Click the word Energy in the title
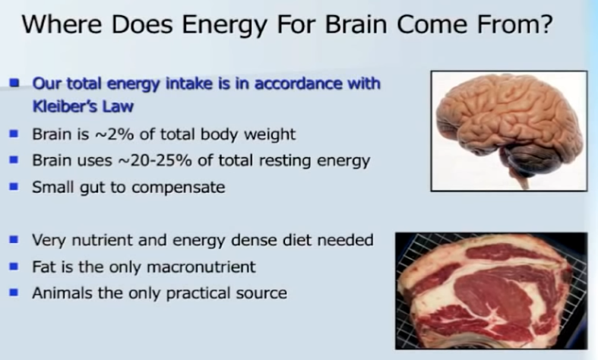(225, 26)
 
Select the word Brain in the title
(356, 24)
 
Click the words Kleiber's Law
(83, 106)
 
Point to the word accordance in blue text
(297, 84)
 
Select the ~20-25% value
(155, 160)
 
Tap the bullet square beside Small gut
(14, 187)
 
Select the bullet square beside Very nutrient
(14, 239)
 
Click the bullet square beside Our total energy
(14, 83)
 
